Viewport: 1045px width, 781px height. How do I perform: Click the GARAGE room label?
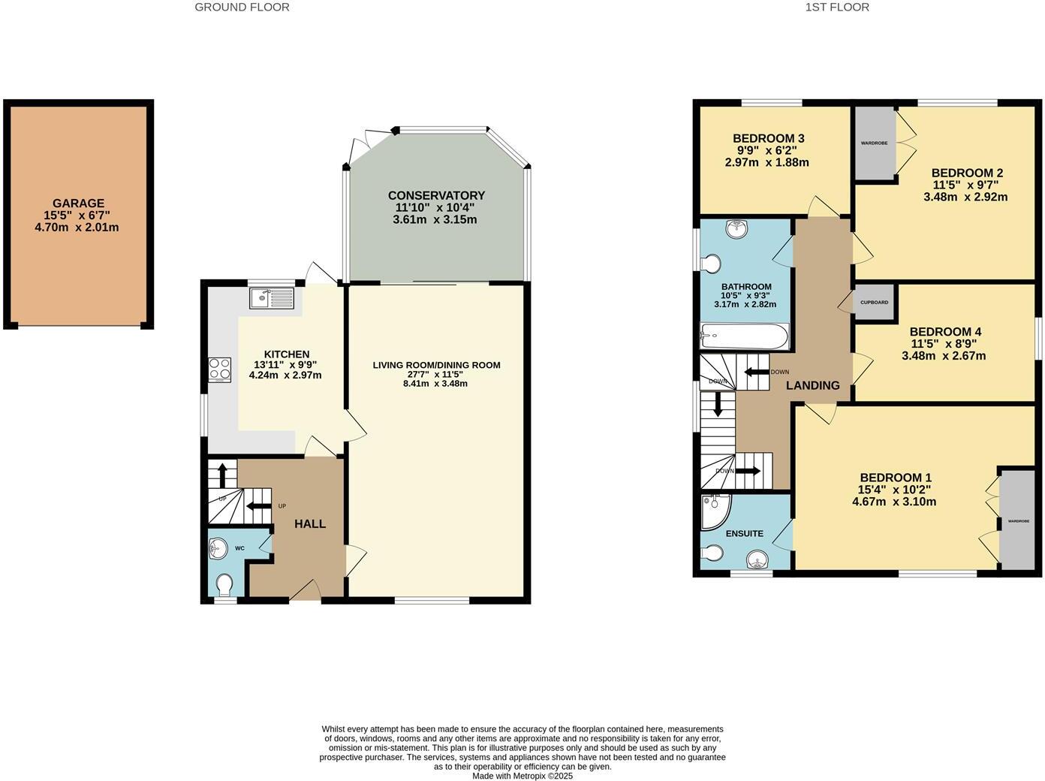coord(78,204)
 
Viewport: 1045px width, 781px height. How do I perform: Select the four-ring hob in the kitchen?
coord(220,369)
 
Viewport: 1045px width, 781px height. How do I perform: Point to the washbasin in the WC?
coord(218,549)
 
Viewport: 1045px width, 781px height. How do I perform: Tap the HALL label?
coord(310,524)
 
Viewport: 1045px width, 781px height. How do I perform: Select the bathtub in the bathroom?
coord(744,336)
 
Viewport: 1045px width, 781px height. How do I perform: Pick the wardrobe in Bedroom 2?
coord(875,143)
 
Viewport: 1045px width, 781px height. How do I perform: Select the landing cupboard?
coord(874,303)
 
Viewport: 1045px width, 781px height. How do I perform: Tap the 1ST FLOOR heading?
coord(837,8)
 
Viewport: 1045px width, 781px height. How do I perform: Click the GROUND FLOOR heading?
coord(242,8)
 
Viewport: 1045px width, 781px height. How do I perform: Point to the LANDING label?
coord(812,385)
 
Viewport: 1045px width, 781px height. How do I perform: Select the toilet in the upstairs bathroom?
coord(710,264)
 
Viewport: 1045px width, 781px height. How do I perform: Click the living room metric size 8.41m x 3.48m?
coord(435,383)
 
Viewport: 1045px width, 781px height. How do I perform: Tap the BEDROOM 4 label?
coord(944,332)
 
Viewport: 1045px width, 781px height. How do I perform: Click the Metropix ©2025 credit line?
coord(522,776)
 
